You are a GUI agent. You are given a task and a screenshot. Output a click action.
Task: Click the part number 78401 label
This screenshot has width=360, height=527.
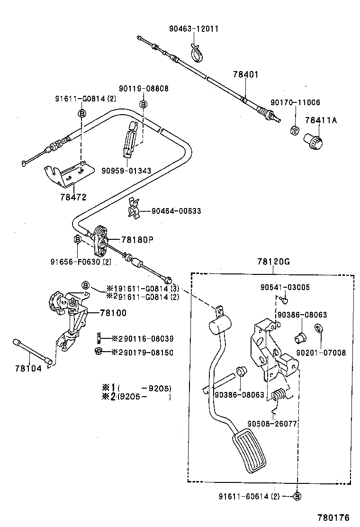pyautogui.click(x=245, y=75)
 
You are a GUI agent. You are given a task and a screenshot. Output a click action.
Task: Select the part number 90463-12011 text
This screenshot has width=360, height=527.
pyautogui.click(x=194, y=29)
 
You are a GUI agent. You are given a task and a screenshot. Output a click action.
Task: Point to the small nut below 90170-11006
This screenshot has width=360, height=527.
pyautogui.click(x=294, y=129)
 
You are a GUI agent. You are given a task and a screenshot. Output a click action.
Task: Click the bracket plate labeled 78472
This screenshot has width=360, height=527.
pyautogui.click(x=66, y=175)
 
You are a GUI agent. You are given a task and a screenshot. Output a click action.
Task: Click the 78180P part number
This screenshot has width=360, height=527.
pyautogui.click(x=137, y=240)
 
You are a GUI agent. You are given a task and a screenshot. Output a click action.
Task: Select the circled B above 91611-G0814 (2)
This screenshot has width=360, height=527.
pyautogui.click(x=81, y=113)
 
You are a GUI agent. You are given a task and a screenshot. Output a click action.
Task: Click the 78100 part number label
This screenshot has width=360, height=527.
pyautogui.click(x=113, y=313)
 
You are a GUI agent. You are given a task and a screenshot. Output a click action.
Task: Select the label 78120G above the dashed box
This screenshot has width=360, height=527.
pyautogui.click(x=273, y=262)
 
